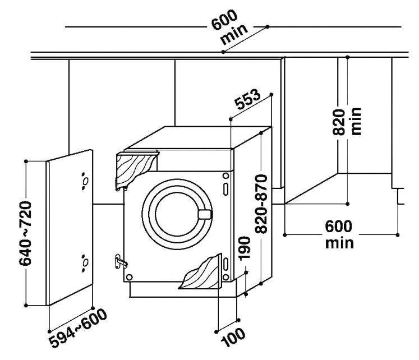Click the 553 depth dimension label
[x=247, y=99]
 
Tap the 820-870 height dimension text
[x=261, y=204]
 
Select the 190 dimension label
[x=244, y=248]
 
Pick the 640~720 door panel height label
[x=25, y=233]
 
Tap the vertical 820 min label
[x=347, y=122]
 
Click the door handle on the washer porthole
[x=205, y=214]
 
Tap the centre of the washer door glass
[x=177, y=214]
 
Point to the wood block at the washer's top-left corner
[x=136, y=169]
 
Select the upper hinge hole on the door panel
[x=85, y=181]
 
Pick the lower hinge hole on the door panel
[x=85, y=263]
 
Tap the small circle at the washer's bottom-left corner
[x=129, y=277]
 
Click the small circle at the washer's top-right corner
[x=226, y=176]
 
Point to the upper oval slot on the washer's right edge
[x=226, y=190]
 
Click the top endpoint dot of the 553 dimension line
[x=271, y=94]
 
